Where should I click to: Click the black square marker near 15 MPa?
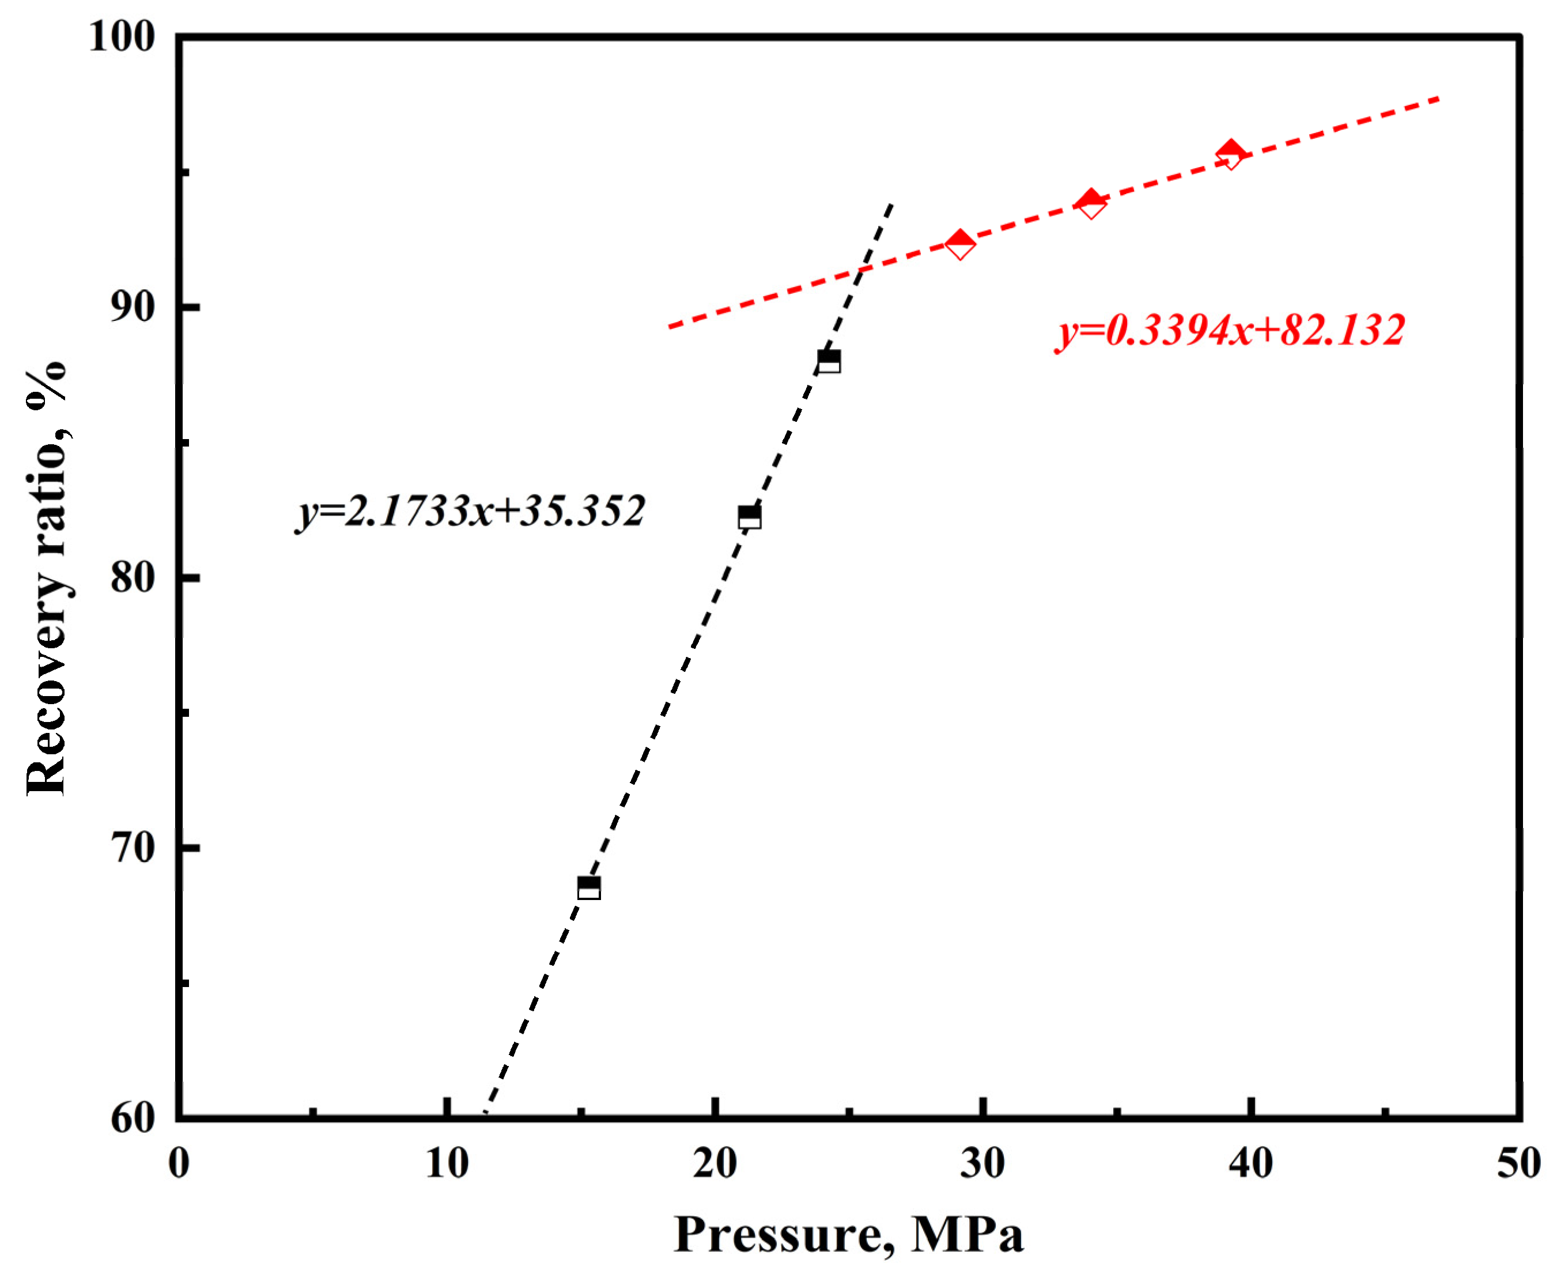point(588,888)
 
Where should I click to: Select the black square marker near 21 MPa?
point(749,517)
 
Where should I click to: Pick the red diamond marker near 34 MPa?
point(1091,203)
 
